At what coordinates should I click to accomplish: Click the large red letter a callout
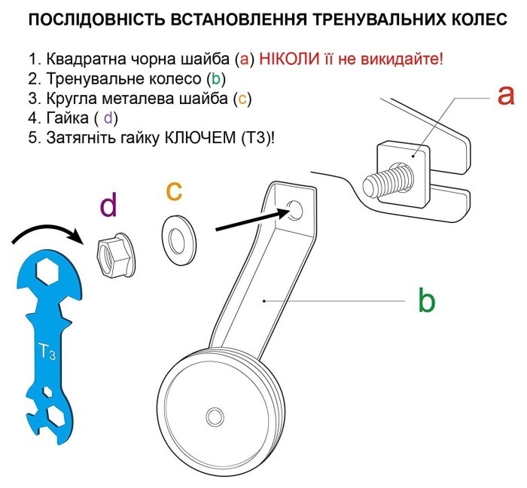tap(505, 96)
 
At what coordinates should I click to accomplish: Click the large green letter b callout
tap(426, 300)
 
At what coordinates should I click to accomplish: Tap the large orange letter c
tap(174, 191)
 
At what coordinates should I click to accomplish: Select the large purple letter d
tap(110, 205)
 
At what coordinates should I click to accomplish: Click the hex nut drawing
tap(114, 252)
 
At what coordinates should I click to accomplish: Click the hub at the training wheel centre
tap(215, 416)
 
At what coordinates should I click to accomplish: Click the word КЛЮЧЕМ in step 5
tap(195, 137)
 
